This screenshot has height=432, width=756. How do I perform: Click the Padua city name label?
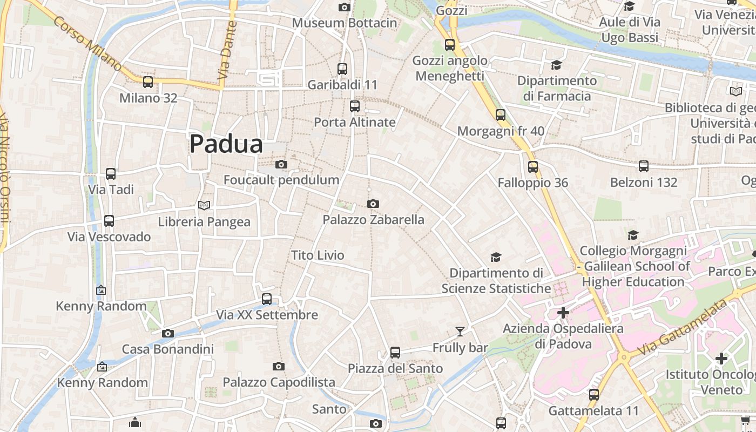pyautogui.click(x=226, y=144)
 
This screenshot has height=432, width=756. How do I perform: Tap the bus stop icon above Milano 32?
pyautogui.click(x=147, y=82)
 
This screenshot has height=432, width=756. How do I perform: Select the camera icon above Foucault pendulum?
pyautogui.click(x=281, y=164)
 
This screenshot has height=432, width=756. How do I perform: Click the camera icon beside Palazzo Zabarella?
pyautogui.click(x=373, y=204)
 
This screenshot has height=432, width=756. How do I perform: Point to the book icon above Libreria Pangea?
pyautogui.click(x=204, y=205)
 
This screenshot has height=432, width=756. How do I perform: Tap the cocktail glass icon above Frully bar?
pyautogui.click(x=460, y=331)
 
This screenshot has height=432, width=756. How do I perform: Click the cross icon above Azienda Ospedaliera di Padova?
pyautogui.click(x=563, y=313)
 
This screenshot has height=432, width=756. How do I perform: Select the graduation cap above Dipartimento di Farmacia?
pyautogui.click(x=556, y=65)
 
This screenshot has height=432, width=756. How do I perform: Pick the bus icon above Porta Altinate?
pyautogui.click(x=355, y=106)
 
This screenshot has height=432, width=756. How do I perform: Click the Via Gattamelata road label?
pyautogui.click(x=682, y=328)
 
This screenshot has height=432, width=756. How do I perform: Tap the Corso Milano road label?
pyautogui.click(x=88, y=43)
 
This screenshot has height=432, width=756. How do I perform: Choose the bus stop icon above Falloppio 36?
pyautogui.click(x=533, y=167)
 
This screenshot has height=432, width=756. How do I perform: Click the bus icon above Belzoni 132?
pyautogui.click(x=643, y=166)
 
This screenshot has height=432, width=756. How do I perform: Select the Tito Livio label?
pyautogui.click(x=318, y=255)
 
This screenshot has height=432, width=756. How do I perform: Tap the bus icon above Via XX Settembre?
pyautogui.click(x=267, y=299)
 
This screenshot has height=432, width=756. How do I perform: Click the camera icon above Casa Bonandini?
pyautogui.click(x=168, y=333)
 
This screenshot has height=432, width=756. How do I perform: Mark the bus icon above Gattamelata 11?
pyautogui.click(x=594, y=395)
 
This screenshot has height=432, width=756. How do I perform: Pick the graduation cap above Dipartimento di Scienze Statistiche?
pyautogui.click(x=496, y=257)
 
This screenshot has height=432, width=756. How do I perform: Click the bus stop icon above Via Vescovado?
pyautogui.click(x=109, y=221)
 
